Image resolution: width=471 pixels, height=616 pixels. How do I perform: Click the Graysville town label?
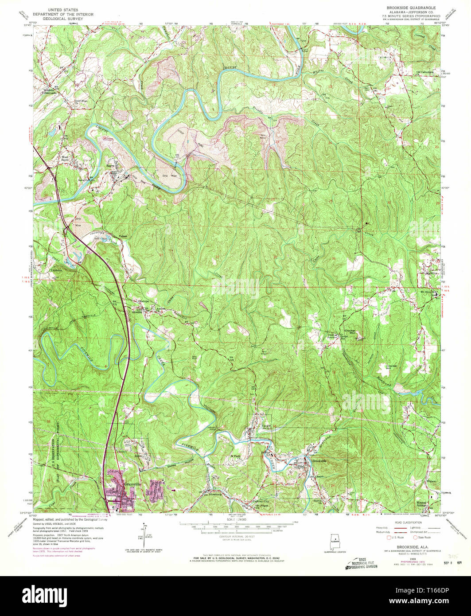[132, 484]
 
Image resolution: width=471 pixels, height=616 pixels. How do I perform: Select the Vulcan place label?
[123, 236]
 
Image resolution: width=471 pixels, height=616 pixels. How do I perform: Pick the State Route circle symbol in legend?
[415, 537]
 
